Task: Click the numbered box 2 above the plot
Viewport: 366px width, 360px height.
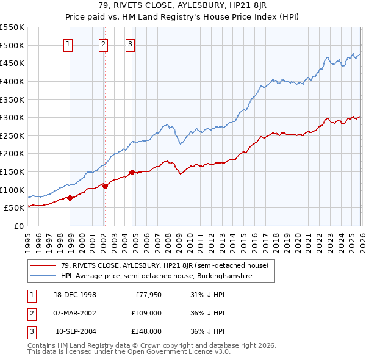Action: [104, 44]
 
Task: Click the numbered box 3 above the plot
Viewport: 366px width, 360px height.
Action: [131, 44]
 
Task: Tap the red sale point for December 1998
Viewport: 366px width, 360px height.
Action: [70, 197]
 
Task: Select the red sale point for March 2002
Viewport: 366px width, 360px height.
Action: [105, 186]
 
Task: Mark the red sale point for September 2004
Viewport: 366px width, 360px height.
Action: [132, 172]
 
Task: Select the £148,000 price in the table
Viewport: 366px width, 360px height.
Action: [146, 331]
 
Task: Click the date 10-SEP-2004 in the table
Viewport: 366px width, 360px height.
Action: [76, 331]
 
